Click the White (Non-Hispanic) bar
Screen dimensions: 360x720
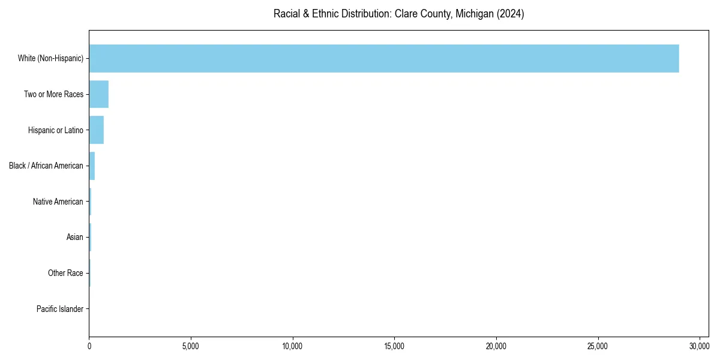click(384, 58)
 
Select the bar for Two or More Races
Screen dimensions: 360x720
click(99, 94)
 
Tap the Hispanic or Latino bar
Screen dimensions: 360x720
click(97, 130)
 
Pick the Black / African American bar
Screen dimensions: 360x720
click(92, 166)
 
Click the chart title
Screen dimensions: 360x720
click(398, 14)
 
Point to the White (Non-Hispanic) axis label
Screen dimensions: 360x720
click(50, 58)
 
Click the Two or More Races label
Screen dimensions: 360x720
click(53, 94)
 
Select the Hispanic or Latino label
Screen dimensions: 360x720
click(55, 130)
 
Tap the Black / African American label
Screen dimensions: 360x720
click(46, 166)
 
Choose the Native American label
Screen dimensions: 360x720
click(58, 202)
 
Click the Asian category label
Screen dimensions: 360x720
click(74, 238)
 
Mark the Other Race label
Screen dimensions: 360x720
click(65, 273)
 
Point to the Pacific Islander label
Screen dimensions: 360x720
click(59, 309)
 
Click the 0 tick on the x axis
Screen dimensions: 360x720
click(89, 346)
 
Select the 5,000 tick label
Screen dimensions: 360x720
click(191, 346)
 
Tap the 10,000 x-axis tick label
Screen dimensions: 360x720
click(293, 346)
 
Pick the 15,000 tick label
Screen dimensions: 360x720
click(394, 346)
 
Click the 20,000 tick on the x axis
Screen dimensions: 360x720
click(496, 346)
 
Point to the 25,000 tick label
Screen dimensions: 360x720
click(598, 346)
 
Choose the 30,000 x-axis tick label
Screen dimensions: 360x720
click(700, 346)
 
